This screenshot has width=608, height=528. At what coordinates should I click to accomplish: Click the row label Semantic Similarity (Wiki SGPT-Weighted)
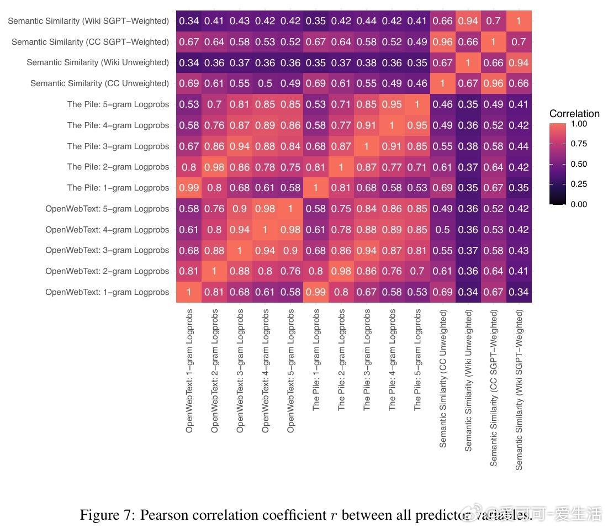[88, 21]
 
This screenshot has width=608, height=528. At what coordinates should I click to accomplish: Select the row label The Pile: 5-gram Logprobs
[118, 104]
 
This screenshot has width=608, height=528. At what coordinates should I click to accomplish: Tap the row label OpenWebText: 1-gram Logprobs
[107, 292]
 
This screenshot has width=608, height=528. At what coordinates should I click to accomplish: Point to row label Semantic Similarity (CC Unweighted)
[99, 83]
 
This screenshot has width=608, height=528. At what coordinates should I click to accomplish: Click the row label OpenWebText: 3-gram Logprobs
[107, 250]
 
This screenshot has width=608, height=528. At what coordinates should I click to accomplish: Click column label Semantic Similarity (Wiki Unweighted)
[468, 380]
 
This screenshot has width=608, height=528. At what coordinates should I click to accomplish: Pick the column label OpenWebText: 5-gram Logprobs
[290, 370]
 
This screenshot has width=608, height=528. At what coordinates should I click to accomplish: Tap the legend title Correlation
[574, 114]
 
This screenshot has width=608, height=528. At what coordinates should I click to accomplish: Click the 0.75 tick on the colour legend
[579, 144]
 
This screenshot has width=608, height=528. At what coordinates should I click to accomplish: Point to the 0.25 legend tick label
[579, 184]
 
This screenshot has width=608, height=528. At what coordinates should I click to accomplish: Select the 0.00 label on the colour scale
[579, 204]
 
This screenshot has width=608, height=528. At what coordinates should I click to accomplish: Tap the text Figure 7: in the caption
[107, 515]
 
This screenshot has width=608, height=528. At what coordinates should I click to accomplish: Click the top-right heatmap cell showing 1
[519, 21]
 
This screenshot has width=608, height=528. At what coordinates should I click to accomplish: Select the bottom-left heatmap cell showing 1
[189, 292]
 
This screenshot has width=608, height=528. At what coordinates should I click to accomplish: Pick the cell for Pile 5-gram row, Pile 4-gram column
[392, 104]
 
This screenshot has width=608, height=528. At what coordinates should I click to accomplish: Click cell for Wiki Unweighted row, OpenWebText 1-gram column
[189, 62]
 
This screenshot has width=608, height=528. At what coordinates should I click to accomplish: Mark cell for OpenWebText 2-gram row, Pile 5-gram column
[417, 271]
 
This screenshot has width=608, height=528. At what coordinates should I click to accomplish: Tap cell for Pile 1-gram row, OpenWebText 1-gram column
[189, 188]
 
